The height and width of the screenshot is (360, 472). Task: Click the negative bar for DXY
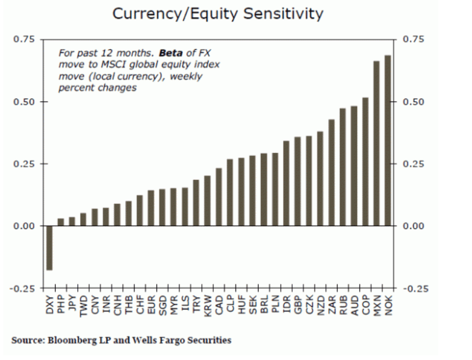click(x=49, y=248)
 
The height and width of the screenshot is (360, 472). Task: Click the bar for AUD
click(x=354, y=166)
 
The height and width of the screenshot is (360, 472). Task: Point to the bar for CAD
click(x=219, y=197)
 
